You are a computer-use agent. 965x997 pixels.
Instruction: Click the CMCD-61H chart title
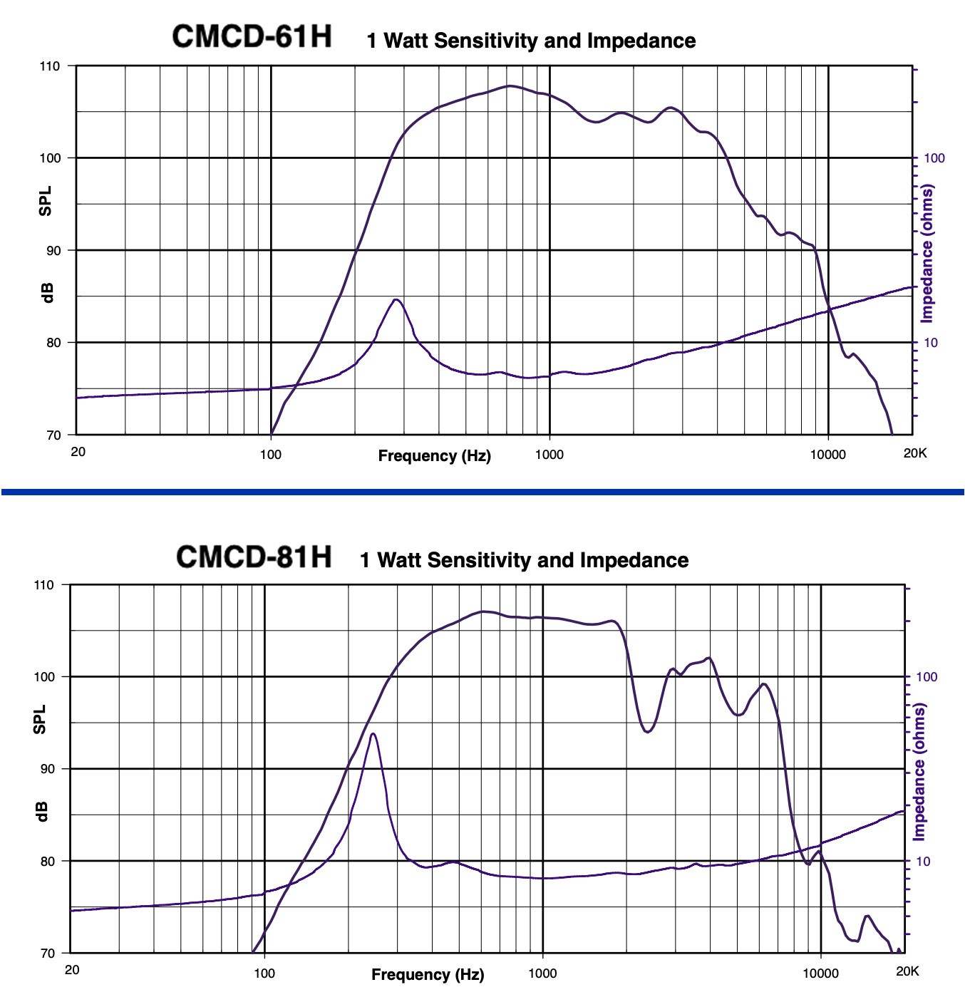click(x=252, y=37)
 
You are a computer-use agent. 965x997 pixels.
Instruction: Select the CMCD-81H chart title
click(x=253, y=557)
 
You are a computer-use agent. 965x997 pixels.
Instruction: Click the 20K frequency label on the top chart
click(x=915, y=453)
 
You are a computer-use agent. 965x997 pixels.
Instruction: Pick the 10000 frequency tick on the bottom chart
click(x=820, y=973)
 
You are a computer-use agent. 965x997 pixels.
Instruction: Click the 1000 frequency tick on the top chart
click(x=549, y=455)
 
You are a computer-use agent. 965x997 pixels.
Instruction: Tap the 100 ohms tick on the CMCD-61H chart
click(x=934, y=158)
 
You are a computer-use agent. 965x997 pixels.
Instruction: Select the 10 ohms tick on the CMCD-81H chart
click(x=923, y=862)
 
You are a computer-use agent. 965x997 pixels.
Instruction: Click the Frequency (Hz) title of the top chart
click(x=434, y=456)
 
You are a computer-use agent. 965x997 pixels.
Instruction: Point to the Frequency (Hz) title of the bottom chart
click(x=428, y=975)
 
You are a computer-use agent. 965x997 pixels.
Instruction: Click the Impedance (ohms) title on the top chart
click(x=927, y=254)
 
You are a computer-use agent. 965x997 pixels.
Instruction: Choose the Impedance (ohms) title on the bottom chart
click(x=919, y=772)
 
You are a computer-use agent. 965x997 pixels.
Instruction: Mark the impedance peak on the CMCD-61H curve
click(x=396, y=300)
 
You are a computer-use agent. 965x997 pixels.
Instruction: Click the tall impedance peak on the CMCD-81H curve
click(x=373, y=734)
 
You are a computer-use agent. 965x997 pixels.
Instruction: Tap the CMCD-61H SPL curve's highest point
click(x=510, y=86)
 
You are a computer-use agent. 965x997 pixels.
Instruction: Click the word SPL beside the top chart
click(x=46, y=201)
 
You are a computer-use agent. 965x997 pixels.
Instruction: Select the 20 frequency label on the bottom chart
click(x=72, y=970)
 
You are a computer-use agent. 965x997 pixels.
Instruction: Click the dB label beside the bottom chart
click(x=41, y=811)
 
